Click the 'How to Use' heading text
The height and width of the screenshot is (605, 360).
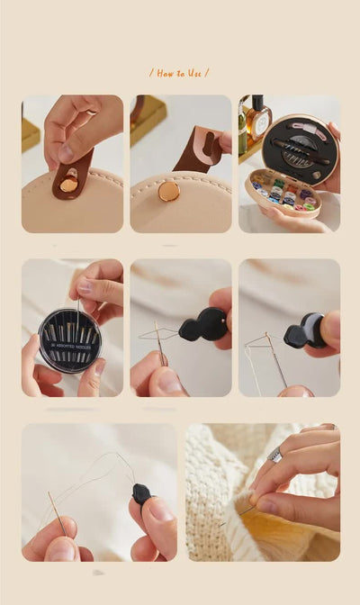pyautogui.click(x=179, y=73)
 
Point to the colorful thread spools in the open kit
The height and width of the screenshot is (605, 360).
pyautogui.click(x=284, y=192)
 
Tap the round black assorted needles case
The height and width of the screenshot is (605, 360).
pyautogui.click(x=69, y=340)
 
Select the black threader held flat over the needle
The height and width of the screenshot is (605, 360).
pyautogui.click(x=204, y=325)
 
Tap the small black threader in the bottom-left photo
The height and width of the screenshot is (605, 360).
pyautogui.click(x=140, y=493)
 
